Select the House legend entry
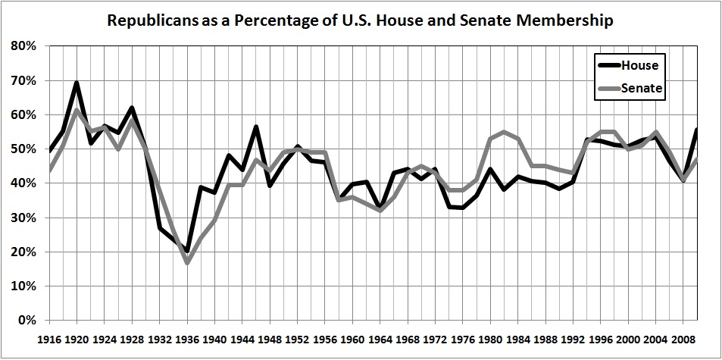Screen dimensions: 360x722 (639, 65)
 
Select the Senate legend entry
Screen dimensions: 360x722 (642, 89)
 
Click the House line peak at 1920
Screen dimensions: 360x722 (77, 83)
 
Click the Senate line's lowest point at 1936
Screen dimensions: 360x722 (186, 262)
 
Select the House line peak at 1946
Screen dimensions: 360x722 (255, 127)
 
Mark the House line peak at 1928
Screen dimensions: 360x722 (132, 108)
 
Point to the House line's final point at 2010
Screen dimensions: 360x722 (695, 130)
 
